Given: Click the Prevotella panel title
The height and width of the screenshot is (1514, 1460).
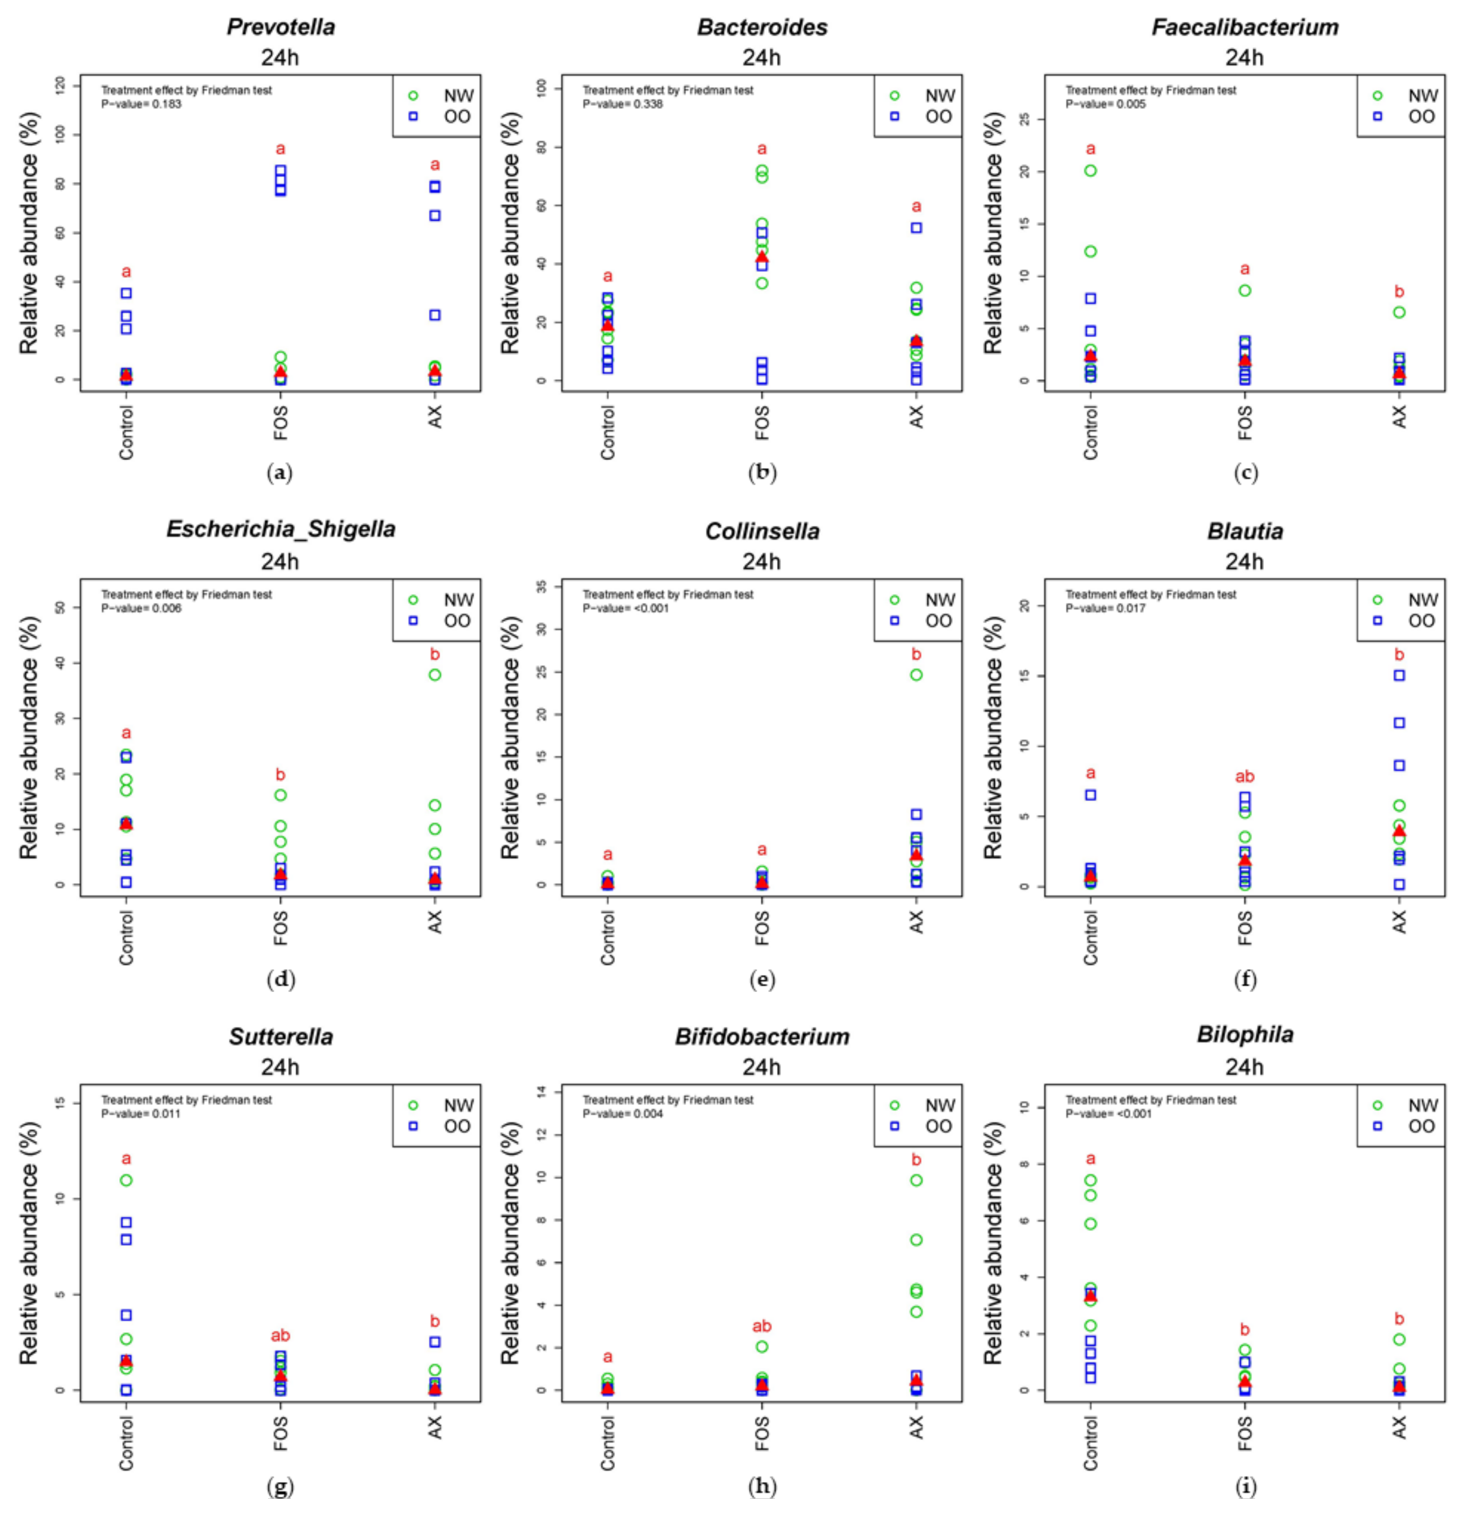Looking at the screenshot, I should pos(280,27).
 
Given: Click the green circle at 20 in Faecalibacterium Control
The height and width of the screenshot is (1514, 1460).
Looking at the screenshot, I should pos(1090,171).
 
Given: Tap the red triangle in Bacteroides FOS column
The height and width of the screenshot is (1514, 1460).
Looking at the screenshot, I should pos(762,257).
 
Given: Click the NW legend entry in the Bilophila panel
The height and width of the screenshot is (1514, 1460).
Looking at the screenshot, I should pos(1408,1105).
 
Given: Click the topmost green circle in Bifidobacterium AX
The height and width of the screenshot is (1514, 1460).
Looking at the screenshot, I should pos(916,1180).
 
